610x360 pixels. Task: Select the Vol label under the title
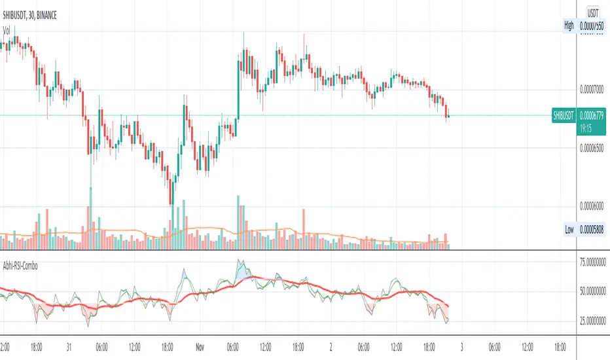click(x=7, y=30)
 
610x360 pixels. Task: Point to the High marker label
click(x=569, y=26)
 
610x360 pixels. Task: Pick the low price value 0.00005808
click(x=593, y=231)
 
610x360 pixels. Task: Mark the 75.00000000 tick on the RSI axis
click(x=593, y=262)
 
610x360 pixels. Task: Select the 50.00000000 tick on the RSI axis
click(x=593, y=290)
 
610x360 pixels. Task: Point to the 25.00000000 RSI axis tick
click(x=593, y=319)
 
